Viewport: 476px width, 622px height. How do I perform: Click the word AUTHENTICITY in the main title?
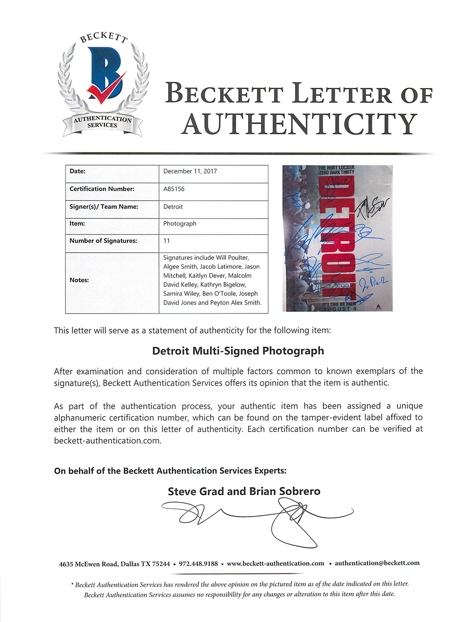pyautogui.click(x=299, y=124)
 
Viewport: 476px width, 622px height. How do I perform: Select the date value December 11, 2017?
pyautogui.click(x=190, y=171)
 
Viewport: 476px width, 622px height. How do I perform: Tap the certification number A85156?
pyautogui.click(x=174, y=189)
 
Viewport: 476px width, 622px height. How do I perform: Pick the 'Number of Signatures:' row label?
pyautogui.click(x=103, y=241)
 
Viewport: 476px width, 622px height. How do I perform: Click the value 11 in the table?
pyautogui.click(x=167, y=241)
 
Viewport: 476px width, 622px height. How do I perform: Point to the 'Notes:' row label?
pyautogui.click(x=79, y=280)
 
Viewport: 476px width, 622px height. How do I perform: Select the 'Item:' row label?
pyautogui.click(x=77, y=223)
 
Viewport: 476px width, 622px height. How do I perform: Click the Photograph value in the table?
pyautogui.click(x=180, y=223)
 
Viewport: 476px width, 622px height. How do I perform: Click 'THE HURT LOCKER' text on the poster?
pyautogui.click(x=336, y=168)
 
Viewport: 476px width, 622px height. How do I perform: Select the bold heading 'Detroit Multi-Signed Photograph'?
pyautogui.click(x=238, y=351)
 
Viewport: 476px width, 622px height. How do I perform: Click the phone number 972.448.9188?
pyautogui.click(x=198, y=563)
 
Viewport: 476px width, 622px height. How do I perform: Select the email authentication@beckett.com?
pyautogui.click(x=377, y=563)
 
